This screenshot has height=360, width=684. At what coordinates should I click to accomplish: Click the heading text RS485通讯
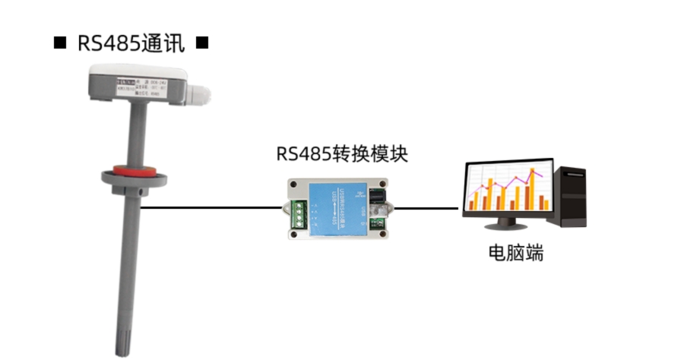click(x=131, y=43)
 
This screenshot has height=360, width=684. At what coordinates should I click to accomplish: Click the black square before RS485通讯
click(x=59, y=43)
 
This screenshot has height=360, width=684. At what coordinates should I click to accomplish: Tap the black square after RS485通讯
click(x=202, y=43)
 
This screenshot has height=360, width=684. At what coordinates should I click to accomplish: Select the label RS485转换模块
click(x=342, y=154)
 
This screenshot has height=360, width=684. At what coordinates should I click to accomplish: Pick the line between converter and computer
click(x=429, y=207)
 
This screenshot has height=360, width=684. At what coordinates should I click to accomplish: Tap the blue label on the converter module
click(x=337, y=206)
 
